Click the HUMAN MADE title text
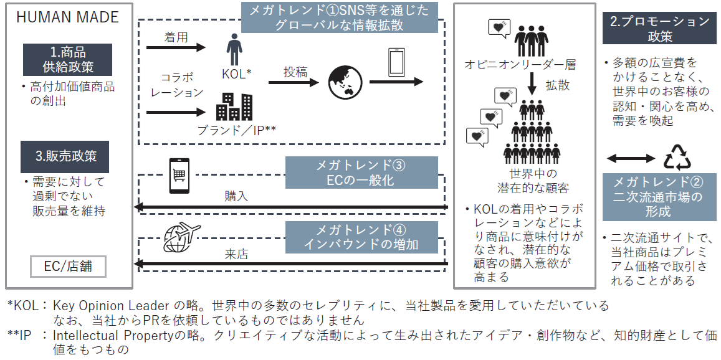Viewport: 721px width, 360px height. tap(67, 17)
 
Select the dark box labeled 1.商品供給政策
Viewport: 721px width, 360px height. tap(67, 60)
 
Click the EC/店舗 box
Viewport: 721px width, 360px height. tap(68, 267)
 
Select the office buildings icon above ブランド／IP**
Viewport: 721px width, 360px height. tap(234, 107)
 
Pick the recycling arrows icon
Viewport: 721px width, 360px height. tap(677, 158)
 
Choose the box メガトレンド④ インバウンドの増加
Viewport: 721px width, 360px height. tap(361, 237)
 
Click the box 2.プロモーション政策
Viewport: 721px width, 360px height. tap(659, 29)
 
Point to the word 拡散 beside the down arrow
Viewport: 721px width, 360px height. tap(558, 85)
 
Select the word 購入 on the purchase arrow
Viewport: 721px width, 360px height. tap(237, 196)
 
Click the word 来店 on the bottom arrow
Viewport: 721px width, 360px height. tap(237, 254)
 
